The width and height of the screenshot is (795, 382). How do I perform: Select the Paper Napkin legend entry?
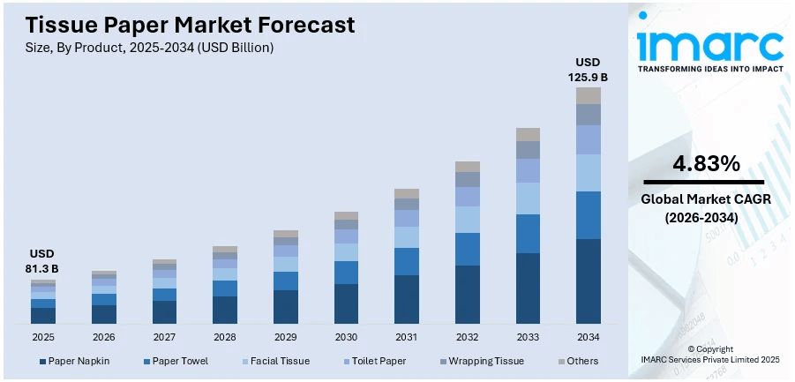click(74, 361)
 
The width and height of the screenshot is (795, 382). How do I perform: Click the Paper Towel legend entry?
click(176, 361)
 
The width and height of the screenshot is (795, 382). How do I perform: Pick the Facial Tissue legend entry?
click(278, 361)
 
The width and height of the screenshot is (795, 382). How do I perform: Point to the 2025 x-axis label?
click(43, 337)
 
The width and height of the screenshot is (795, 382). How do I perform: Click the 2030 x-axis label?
click(346, 337)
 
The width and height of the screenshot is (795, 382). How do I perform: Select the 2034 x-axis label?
click(589, 337)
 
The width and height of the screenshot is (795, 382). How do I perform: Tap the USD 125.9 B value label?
click(589, 70)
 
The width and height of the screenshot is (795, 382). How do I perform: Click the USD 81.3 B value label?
click(43, 261)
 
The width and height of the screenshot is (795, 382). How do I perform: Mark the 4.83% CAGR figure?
click(706, 163)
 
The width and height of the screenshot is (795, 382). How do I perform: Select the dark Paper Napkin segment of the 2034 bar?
click(589, 281)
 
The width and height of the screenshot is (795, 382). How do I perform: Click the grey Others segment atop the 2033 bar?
click(528, 134)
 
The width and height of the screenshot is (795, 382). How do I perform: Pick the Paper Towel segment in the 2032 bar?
click(468, 249)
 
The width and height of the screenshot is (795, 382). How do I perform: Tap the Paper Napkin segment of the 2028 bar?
click(225, 310)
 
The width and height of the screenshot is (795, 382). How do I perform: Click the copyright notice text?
click(709, 354)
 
